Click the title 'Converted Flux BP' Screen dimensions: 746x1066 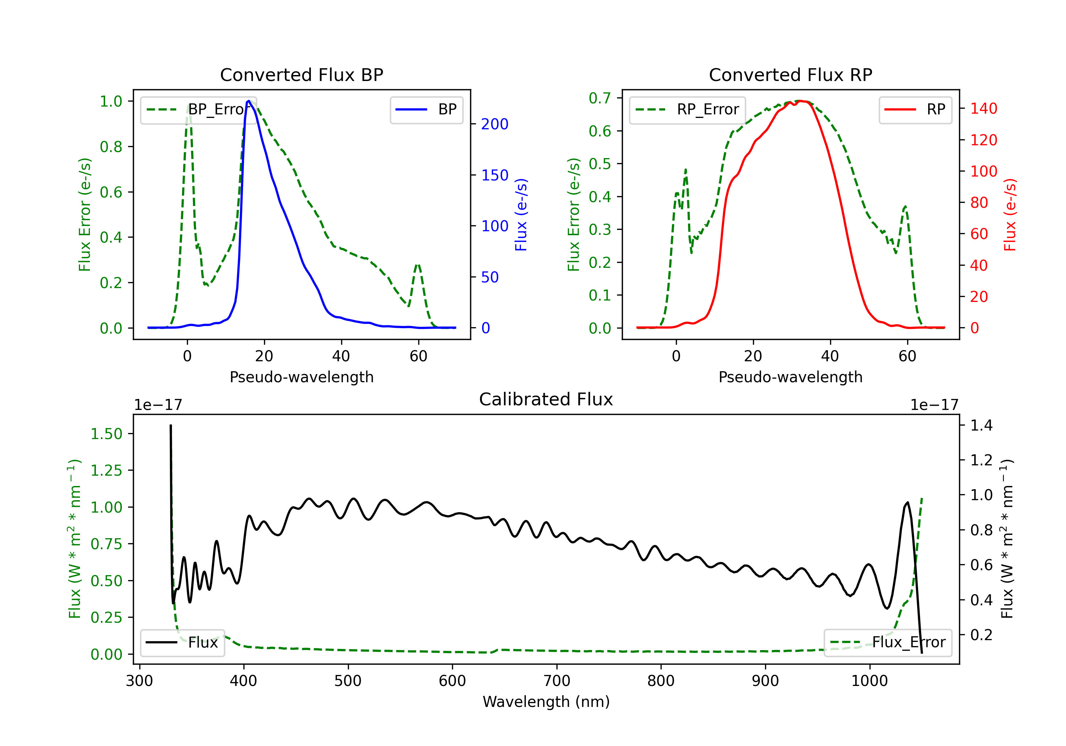coord(301,75)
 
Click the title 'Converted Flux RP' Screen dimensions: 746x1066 coord(790,75)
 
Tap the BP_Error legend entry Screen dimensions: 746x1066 coord(199,109)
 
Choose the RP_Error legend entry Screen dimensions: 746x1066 coord(688,109)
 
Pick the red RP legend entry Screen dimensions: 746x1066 coord(915,109)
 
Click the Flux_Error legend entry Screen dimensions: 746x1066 coord(888,643)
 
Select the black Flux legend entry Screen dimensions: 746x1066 coord(183,643)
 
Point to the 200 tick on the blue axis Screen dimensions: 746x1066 coord(495,124)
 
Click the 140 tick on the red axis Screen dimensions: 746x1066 coord(983,109)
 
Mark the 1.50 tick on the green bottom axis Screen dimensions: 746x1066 coord(106,434)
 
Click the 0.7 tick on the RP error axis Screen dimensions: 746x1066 coord(599,98)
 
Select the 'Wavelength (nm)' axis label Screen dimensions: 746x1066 coord(546,702)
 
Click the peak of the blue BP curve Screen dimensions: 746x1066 coord(249,101)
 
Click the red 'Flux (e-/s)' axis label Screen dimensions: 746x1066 coord(1010,215)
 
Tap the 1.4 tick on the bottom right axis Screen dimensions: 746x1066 coord(981,425)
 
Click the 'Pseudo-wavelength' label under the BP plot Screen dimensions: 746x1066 coord(301,377)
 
